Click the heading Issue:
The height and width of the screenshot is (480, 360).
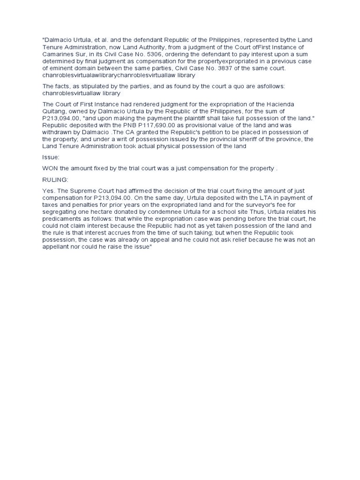pyautogui.click(x=51, y=157)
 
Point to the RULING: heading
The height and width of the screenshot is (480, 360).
pyautogui.click(x=55, y=179)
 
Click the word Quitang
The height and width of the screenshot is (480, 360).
pyautogui.click(x=55, y=111)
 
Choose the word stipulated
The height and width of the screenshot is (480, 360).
pyautogui.click(x=91, y=86)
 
